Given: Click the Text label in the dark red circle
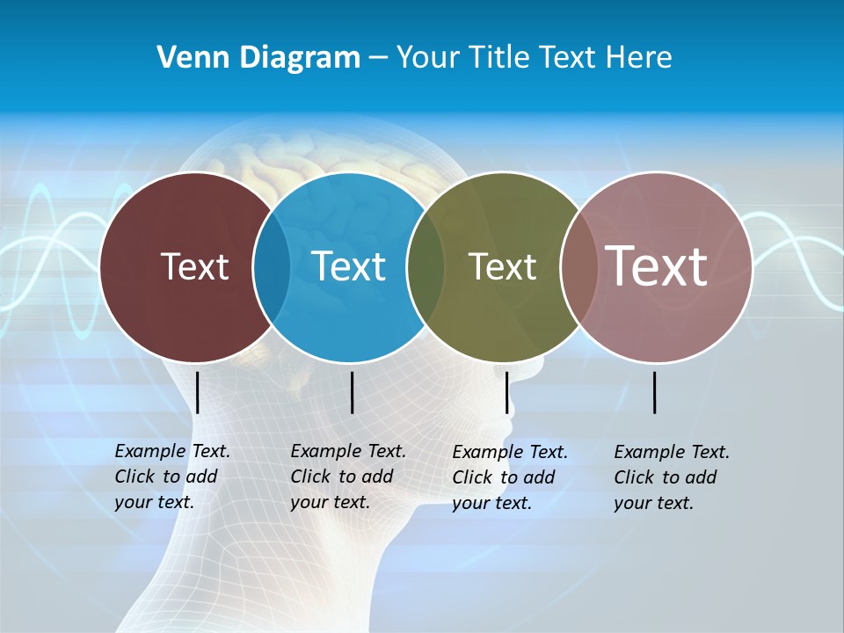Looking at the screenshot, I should (x=194, y=266).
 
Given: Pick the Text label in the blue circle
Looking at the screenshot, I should (x=348, y=266).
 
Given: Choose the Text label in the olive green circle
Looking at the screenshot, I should (x=502, y=266).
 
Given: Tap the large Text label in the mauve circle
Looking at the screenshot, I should (x=656, y=266).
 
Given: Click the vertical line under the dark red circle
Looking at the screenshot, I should (x=198, y=392).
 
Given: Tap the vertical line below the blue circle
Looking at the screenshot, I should (x=352, y=392).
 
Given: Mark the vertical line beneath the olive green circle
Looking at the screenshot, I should (x=506, y=392).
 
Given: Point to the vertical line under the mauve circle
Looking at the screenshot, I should (x=655, y=392).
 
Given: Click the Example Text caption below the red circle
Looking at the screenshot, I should (x=171, y=477).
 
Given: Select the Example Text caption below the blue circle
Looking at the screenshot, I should (x=347, y=477).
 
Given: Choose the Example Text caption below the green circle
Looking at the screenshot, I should (x=509, y=477).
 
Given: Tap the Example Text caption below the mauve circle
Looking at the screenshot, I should (x=671, y=477).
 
